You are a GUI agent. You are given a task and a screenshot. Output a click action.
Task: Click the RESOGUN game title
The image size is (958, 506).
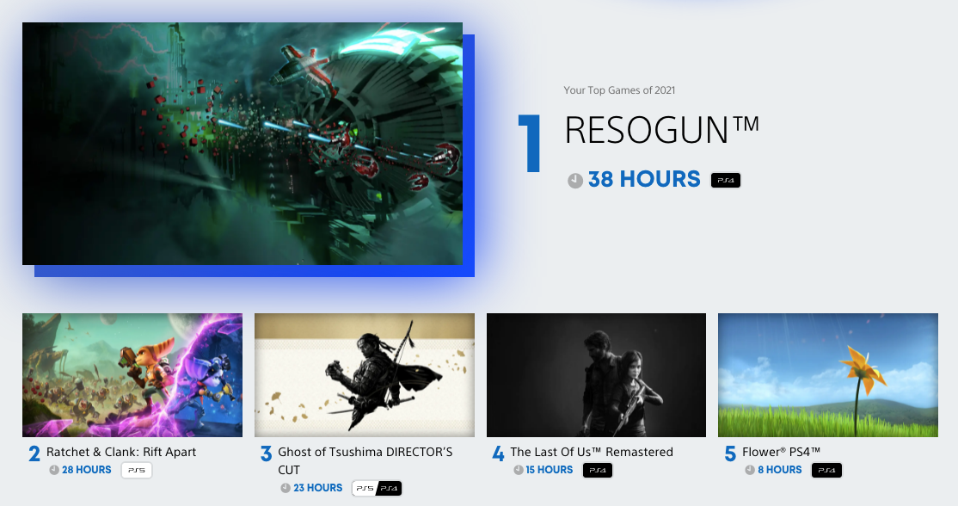coord(661,130)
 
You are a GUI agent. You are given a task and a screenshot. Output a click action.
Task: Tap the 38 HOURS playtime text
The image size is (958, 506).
coord(644,179)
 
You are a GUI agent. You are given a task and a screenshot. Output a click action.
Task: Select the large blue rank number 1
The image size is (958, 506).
coord(530,143)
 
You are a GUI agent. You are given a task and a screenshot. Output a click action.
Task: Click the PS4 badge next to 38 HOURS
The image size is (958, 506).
coord(726,180)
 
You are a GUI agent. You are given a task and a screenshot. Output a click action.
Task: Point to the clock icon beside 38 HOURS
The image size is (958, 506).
coord(575,180)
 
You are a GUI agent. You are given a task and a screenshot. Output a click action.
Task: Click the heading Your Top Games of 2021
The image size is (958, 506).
coord(619,90)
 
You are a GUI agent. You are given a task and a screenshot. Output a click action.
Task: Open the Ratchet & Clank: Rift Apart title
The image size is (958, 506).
coord(121,453)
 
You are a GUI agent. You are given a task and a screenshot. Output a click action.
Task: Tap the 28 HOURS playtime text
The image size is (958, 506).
coord(86,470)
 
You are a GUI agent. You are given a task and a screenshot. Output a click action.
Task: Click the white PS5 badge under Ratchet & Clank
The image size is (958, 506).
coord(136,470)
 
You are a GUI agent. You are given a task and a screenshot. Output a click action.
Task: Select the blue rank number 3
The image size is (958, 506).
coord(266,454)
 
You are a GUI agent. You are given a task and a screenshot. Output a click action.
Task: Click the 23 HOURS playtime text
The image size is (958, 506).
coord(317,488)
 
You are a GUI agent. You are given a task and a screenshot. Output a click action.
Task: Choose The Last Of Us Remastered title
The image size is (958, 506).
coord(592,453)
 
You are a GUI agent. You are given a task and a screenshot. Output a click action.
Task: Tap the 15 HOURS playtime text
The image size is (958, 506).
coord(550,470)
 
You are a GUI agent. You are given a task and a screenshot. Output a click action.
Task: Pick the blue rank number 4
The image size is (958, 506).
coord(498,454)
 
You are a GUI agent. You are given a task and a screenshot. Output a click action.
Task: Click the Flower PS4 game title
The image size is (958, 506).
coord(781,453)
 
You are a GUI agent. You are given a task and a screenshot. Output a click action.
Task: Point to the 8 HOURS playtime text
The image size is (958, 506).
coord(780,470)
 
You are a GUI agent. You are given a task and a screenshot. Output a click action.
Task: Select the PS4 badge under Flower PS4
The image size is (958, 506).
coord(826,470)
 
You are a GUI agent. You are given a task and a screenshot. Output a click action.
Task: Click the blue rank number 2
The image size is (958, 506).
coord(34,454)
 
